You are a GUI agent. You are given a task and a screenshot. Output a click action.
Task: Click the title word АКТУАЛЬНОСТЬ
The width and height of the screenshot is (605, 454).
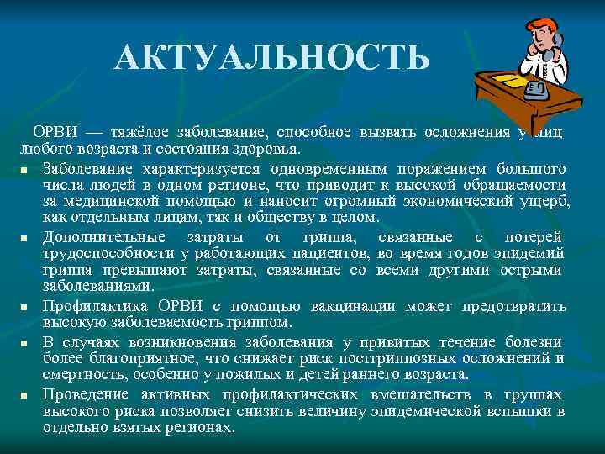pos(273,58)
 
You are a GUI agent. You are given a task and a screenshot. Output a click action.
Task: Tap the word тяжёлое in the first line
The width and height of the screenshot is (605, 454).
pos(142,133)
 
